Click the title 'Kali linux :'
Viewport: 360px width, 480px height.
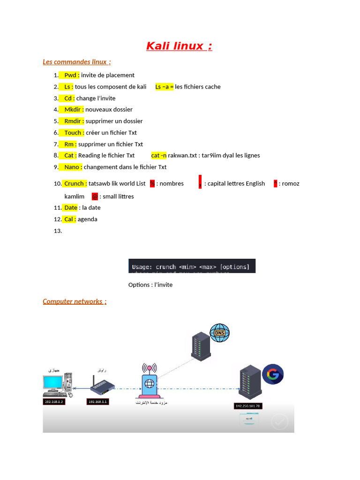click(x=179, y=46)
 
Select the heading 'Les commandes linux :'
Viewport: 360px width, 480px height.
click(x=76, y=62)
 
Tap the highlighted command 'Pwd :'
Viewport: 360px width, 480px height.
click(x=71, y=75)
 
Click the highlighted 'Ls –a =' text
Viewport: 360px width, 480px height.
click(x=164, y=87)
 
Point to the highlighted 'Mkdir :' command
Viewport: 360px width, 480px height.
click(x=74, y=109)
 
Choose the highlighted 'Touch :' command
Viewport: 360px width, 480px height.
click(x=74, y=133)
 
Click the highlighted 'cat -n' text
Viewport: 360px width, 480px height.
click(x=159, y=155)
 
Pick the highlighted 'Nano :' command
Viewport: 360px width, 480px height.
click(x=73, y=167)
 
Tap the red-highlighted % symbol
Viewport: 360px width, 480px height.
click(x=152, y=183)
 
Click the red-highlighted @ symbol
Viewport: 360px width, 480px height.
click(x=95, y=196)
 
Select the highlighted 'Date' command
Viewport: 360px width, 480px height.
click(x=71, y=208)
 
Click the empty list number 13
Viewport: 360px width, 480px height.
click(x=58, y=231)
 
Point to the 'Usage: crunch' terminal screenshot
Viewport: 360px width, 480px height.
click(x=192, y=266)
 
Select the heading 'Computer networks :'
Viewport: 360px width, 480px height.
click(x=75, y=301)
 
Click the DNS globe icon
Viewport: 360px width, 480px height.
click(x=219, y=333)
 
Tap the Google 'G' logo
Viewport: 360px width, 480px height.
click(x=272, y=375)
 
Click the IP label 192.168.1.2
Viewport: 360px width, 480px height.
click(x=54, y=402)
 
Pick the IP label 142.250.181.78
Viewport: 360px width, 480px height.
click(x=248, y=406)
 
